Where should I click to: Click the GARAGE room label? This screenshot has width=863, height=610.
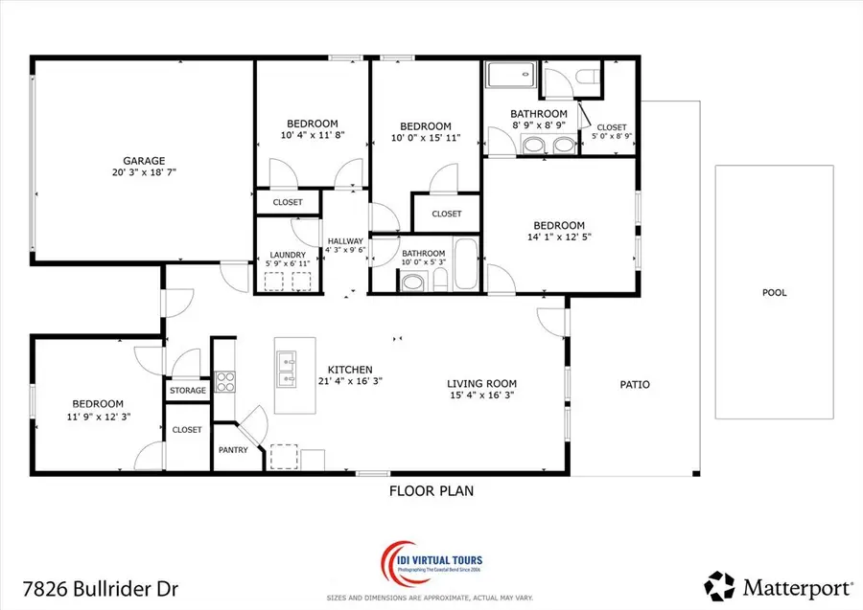click(x=143, y=161)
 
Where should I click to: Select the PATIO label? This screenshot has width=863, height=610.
click(x=635, y=385)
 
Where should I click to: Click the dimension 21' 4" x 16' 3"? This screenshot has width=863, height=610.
click(x=350, y=381)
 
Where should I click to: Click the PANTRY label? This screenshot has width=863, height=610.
click(x=233, y=450)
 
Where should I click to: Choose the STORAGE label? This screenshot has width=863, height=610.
click(x=188, y=391)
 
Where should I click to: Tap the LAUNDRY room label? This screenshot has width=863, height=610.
click(x=288, y=255)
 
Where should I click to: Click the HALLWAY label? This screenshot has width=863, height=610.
click(x=345, y=241)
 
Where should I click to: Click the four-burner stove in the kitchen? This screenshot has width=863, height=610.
click(x=224, y=382)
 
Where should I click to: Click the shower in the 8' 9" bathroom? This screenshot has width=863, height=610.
click(x=511, y=77)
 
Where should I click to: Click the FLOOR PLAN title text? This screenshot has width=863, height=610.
click(x=431, y=491)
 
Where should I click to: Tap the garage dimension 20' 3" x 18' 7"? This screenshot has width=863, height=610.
click(x=143, y=173)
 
